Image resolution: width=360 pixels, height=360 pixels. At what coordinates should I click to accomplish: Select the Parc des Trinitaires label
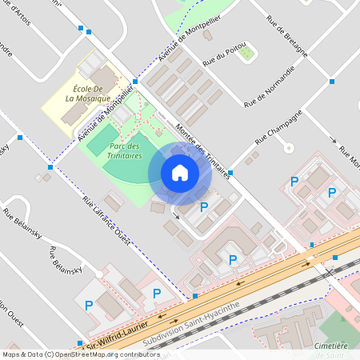tap(126, 150)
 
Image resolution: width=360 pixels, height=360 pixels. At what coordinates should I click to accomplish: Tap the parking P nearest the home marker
tap(204, 207)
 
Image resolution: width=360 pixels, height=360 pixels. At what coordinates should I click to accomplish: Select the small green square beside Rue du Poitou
tap(247, 54)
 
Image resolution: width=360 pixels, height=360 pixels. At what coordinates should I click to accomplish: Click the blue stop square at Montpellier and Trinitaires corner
tap(135, 82)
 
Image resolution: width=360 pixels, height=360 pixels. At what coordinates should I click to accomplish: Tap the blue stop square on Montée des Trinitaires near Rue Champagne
tap(230, 172)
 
